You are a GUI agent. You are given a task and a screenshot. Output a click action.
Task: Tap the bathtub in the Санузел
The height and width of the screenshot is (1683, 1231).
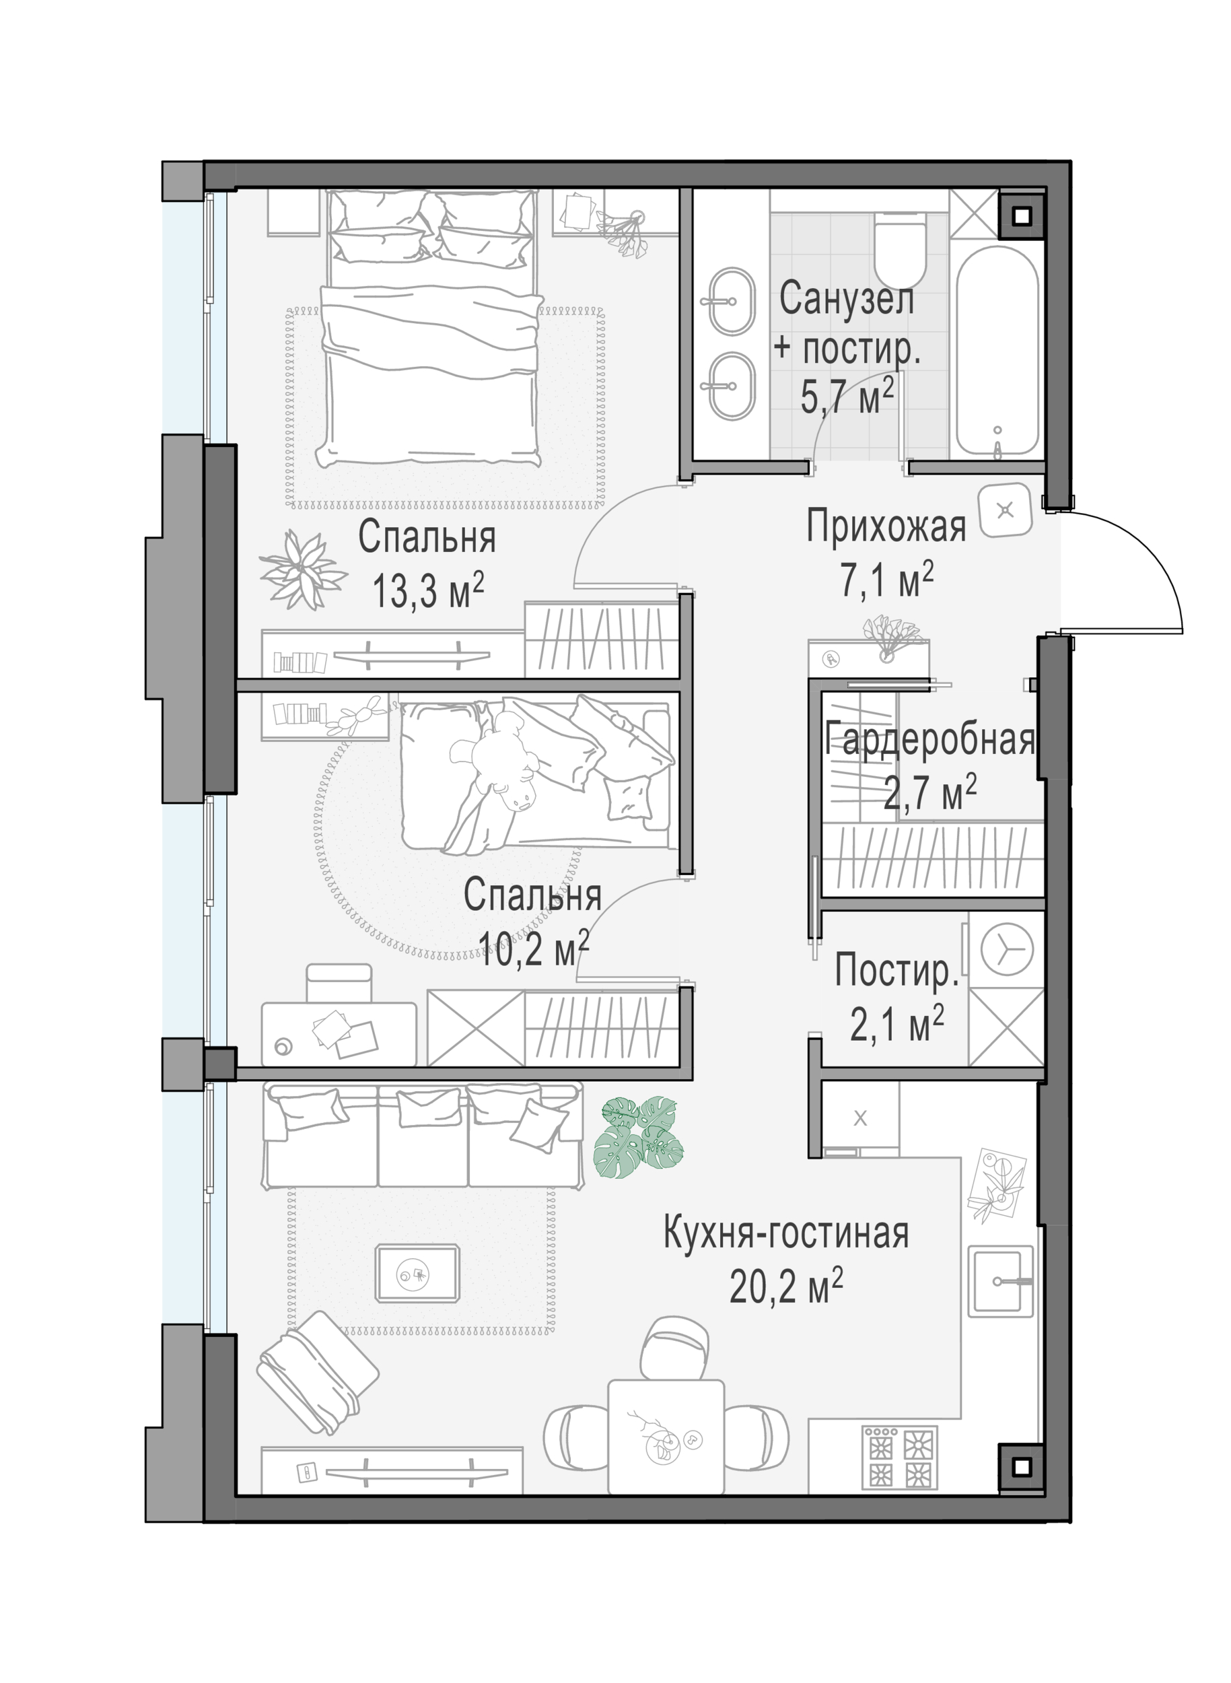pos(997,351)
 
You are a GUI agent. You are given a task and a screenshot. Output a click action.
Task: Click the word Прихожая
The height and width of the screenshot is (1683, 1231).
pos(886,526)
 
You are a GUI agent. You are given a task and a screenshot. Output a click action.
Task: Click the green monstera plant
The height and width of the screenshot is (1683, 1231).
pos(639,1136)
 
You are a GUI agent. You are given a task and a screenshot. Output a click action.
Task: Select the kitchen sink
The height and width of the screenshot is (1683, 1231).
pos(1001,1281)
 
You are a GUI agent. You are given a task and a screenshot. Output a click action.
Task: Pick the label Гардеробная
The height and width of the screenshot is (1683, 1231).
pos(931,740)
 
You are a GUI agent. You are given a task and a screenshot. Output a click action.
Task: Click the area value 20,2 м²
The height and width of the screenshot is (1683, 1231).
pos(786,1286)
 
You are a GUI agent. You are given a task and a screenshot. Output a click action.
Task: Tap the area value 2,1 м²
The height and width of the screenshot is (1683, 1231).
pos(897,1023)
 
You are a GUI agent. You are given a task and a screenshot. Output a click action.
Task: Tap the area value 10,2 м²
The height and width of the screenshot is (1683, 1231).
pos(534,947)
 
